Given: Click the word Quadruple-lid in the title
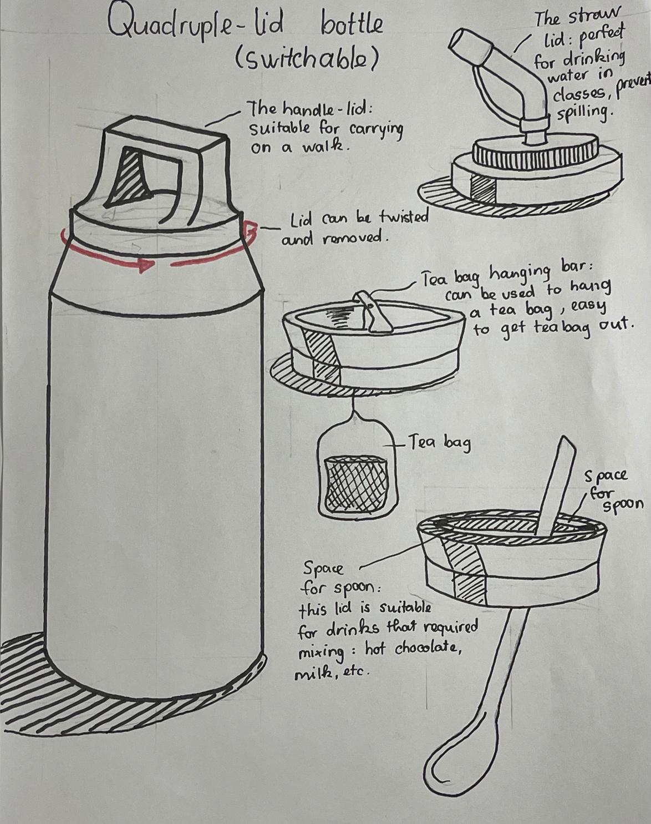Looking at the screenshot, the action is click(195, 26).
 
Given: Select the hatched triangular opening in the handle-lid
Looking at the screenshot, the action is click(128, 177).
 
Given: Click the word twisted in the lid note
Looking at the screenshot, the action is click(404, 218).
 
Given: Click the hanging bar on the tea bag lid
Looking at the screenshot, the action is click(370, 310).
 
